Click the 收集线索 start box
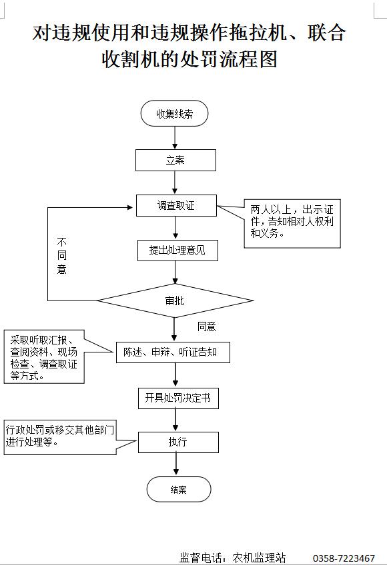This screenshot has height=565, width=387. pyautogui.click(x=174, y=113)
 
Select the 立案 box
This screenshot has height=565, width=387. pyautogui.click(x=175, y=161)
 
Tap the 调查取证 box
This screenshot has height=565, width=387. pyautogui.click(x=176, y=205)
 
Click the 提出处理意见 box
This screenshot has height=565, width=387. pyautogui.click(x=177, y=250)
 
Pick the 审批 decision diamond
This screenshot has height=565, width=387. pyautogui.click(x=175, y=300)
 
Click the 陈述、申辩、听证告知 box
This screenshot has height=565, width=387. pyautogui.click(x=173, y=352)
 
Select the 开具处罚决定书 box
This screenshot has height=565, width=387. pyautogui.click(x=178, y=398)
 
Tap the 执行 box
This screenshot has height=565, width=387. pyautogui.click(x=178, y=442)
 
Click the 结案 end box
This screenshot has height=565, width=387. pyautogui.click(x=179, y=489)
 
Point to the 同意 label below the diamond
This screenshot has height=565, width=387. pyautogui.click(x=206, y=326)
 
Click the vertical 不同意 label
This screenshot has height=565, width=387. pyautogui.click(x=62, y=255)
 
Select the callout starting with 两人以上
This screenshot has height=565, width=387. pyautogui.click(x=292, y=223)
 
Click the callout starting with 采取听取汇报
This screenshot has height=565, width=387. pyautogui.click(x=44, y=356)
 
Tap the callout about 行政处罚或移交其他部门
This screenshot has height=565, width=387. pyautogui.click(x=60, y=438)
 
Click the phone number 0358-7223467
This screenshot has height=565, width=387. pyautogui.click(x=344, y=558)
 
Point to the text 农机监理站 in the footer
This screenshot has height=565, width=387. pyautogui.click(x=259, y=558)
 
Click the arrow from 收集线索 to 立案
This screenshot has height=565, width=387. pyautogui.click(x=175, y=138)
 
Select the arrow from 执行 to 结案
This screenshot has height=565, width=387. pyautogui.click(x=176, y=465)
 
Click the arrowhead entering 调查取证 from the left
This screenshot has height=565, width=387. pyautogui.click(x=130, y=207)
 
